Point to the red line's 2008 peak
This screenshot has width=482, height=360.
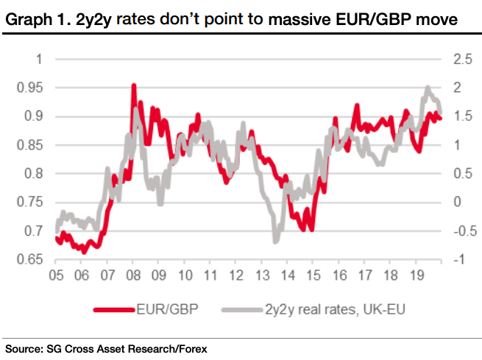(134, 86)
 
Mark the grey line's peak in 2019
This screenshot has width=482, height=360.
(428, 88)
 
